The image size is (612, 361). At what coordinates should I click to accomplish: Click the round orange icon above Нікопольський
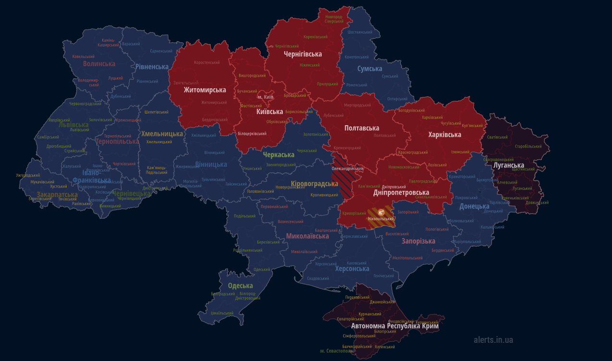(381, 212)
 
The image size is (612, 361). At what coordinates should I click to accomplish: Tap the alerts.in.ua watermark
(493, 340)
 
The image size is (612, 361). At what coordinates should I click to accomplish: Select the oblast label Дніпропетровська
(401, 193)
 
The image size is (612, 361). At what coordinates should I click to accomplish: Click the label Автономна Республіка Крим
(395, 326)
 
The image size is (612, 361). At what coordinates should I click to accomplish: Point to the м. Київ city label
(265, 97)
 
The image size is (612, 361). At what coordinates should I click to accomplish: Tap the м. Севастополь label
(336, 351)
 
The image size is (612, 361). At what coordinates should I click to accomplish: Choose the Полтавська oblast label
(361, 128)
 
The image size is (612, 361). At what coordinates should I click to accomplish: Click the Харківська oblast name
(444, 135)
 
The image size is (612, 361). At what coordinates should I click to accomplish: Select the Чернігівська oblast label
(302, 54)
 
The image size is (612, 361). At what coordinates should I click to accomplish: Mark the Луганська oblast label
(508, 165)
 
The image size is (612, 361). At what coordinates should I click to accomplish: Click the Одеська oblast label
(240, 286)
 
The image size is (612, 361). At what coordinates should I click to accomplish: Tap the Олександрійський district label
(348, 169)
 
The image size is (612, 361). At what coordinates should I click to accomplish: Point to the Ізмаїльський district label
(222, 313)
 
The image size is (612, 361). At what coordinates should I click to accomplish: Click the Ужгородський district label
(28, 175)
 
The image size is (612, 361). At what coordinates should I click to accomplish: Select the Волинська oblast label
(99, 64)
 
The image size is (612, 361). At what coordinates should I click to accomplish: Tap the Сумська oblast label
(370, 69)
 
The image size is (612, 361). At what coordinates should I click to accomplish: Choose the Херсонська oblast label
(352, 269)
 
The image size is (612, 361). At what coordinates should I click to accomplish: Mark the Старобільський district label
(528, 146)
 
